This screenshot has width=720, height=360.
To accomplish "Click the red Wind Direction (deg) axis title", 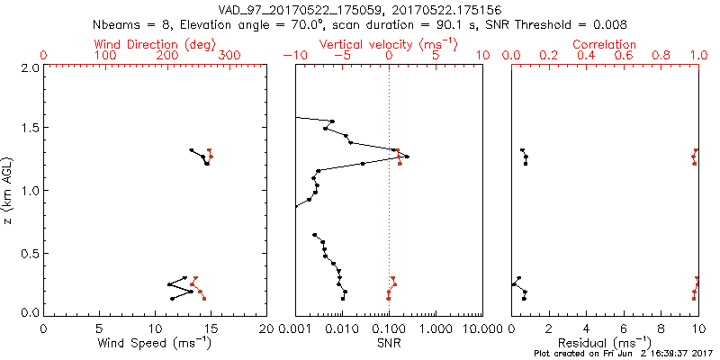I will pos(156,44).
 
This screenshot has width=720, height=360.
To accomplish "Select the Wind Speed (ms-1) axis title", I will pos(156,343).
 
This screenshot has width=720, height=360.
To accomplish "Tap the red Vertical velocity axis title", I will pos(389,44).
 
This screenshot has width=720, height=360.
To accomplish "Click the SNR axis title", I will pos(389,343).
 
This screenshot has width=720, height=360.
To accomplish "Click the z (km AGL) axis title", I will pos(10,190).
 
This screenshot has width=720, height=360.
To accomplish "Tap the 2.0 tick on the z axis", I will pos(29,67).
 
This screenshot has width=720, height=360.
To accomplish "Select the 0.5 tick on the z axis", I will pos(29,252).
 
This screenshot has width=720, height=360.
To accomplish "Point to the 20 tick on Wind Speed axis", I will pos(267,328).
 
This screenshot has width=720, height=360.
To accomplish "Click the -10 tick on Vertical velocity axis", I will pos(295,56).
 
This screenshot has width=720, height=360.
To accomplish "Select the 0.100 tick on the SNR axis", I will pos(389,328).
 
